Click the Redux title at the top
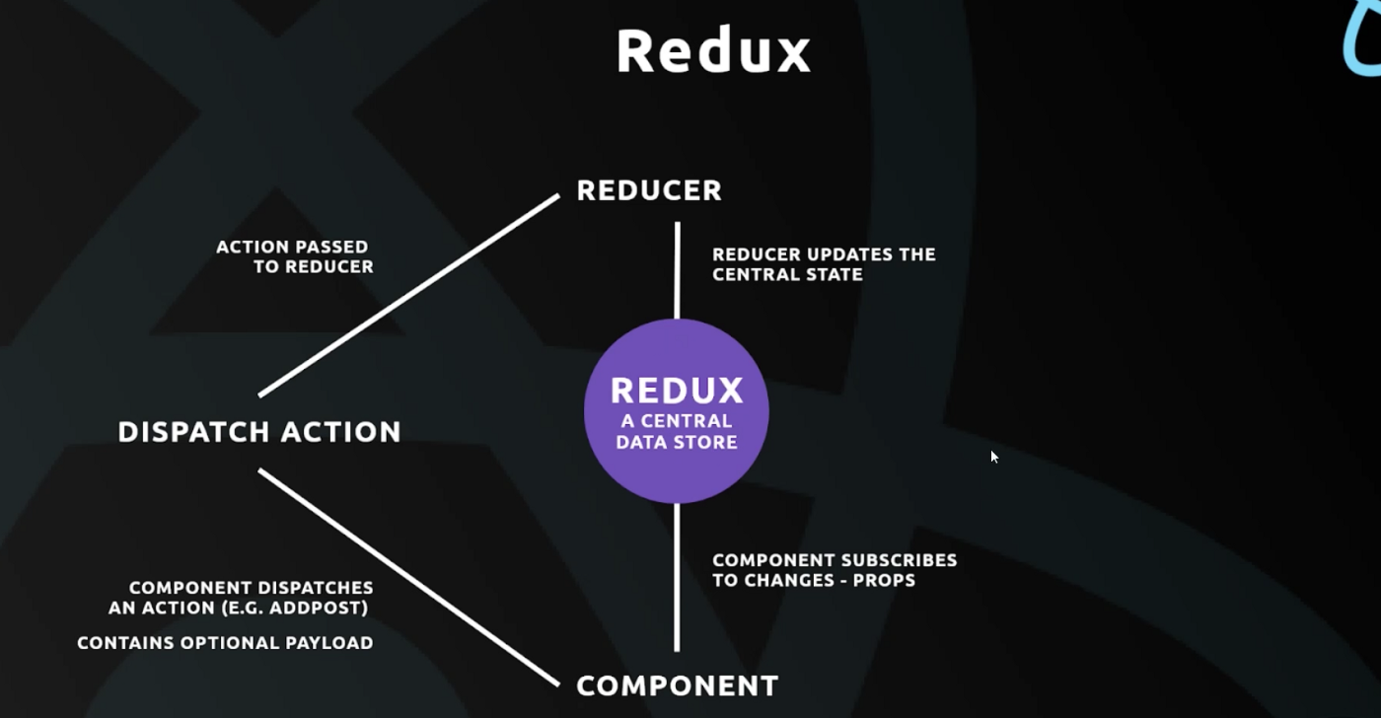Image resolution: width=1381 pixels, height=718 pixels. [x=713, y=51]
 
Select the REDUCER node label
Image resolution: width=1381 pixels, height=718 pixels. [x=649, y=190]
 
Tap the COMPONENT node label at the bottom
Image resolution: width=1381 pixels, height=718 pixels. [x=677, y=685]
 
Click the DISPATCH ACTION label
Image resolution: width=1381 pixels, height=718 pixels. [x=259, y=432]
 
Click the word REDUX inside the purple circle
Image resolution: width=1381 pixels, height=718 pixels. [x=677, y=391]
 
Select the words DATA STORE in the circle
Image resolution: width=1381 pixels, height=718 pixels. [x=677, y=443]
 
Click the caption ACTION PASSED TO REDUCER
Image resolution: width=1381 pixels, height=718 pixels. [x=294, y=256]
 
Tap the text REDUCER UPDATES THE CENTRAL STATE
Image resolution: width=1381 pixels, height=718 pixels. [x=824, y=264]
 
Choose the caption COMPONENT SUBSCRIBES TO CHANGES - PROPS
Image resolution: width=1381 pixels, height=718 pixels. [x=835, y=570]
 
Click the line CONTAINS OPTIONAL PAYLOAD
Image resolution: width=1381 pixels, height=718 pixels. [x=225, y=643]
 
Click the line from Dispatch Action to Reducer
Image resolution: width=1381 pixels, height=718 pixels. [x=409, y=295]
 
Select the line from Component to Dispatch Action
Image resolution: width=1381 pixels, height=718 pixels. [x=409, y=578]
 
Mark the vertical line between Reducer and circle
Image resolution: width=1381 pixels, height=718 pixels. [x=677, y=270]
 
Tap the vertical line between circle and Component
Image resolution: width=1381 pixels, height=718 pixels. [x=677, y=577]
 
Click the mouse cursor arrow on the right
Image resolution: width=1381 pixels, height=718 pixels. [x=994, y=457]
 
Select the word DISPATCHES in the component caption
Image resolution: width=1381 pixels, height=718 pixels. [x=317, y=588]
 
